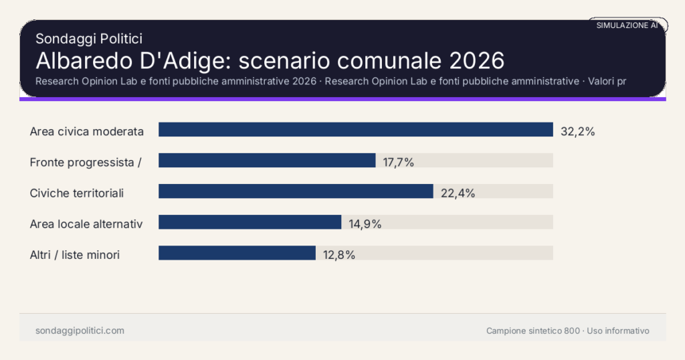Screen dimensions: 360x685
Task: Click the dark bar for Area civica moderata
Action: point(355,130)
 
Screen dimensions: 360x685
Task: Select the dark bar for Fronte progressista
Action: point(267,161)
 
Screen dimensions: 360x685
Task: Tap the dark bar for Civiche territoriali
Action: point(296,191)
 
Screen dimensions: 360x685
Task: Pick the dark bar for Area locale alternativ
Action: point(250,222)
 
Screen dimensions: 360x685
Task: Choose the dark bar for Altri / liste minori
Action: point(237,253)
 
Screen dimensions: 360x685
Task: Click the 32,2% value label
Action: point(577,132)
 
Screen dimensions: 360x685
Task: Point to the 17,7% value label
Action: point(399,163)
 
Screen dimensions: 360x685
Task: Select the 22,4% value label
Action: point(458,193)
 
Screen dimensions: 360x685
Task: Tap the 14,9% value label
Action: point(365,224)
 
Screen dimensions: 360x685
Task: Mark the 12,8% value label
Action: point(338,255)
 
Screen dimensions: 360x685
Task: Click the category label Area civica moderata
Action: point(87,131)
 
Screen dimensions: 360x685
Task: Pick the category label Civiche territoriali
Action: point(77,193)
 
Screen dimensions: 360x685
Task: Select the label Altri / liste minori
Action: point(75,254)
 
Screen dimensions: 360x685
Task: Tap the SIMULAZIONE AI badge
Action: point(627,25)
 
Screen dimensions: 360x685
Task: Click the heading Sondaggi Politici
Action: point(88,39)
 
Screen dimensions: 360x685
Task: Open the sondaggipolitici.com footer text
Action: point(80,331)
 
